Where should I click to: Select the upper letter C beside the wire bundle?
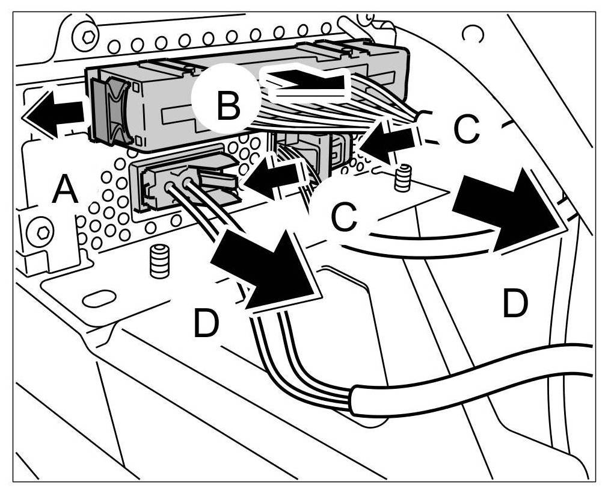pos(466,128)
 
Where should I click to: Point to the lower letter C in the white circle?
pos(344,219)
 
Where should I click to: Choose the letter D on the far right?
pos(515,305)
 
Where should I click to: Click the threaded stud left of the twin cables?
pos(159,261)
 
